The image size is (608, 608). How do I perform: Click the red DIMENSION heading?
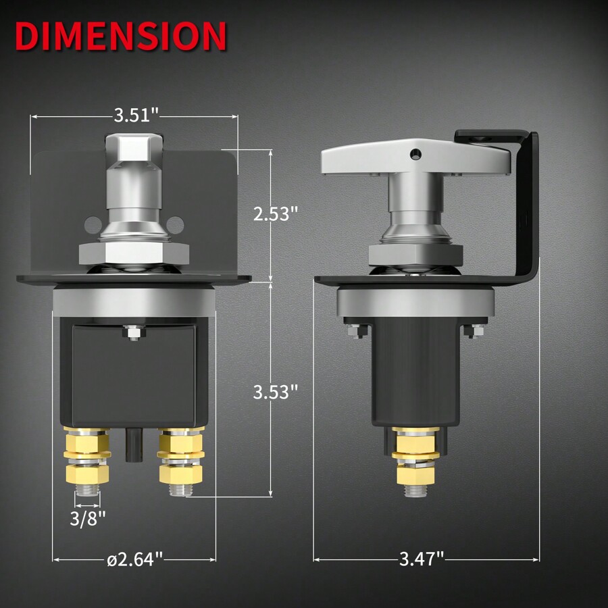[120, 36]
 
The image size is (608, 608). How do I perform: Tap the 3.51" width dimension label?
[136, 115]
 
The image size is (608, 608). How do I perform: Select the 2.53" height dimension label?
[275, 214]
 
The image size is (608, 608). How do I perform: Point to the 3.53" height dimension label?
[275, 392]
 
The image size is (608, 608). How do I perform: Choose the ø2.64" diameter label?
[135, 559]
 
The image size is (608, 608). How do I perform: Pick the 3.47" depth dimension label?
[421, 559]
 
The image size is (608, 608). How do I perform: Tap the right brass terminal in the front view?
[181, 459]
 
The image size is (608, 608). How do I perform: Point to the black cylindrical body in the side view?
[415, 372]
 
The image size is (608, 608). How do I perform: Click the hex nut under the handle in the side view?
[415, 253]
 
